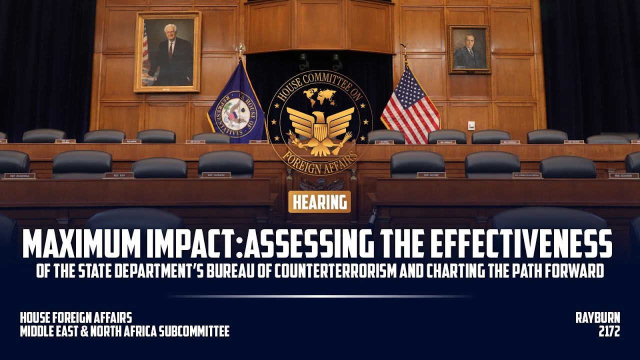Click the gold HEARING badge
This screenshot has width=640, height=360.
click(x=319, y=201)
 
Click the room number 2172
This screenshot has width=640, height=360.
click(x=609, y=331)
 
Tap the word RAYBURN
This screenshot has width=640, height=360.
click(x=597, y=317)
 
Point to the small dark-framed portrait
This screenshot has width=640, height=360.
click(x=469, y=49)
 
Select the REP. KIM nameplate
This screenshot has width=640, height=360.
click(x=118, y=175)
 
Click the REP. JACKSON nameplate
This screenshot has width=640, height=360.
click(x=216, y=175)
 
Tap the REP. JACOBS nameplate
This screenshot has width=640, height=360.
click(x=431, y=175)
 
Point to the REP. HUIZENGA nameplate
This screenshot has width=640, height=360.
click(x=19, y=175)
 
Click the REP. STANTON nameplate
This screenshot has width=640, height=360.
click(x=623, y=175)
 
